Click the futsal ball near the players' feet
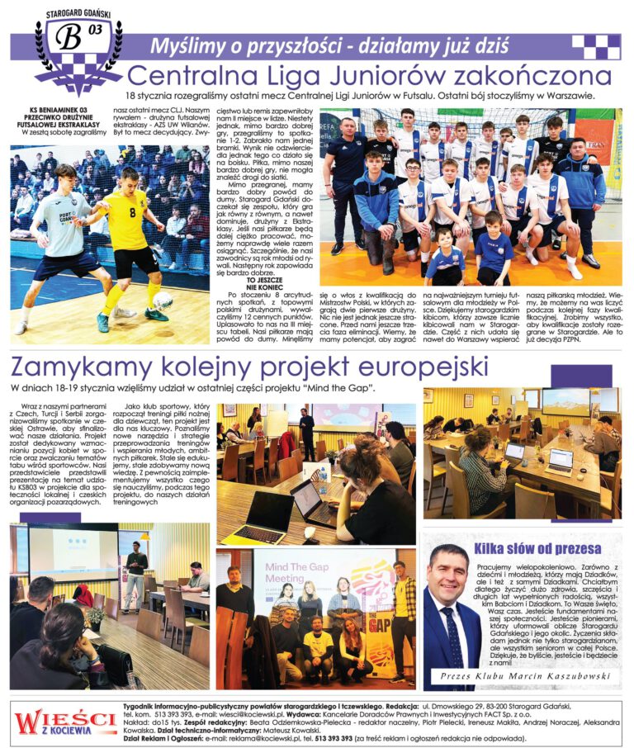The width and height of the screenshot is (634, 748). coord(163,300)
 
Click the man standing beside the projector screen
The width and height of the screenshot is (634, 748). coord(135,574)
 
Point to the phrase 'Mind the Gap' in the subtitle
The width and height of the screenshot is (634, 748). coord(340,388)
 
